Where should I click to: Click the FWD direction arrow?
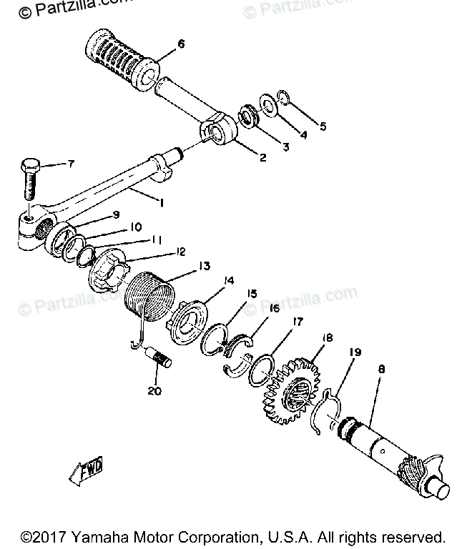coord(84,472)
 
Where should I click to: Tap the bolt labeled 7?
coord(29,178)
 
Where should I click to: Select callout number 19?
coord(355,352)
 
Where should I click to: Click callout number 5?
coord(323,127)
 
